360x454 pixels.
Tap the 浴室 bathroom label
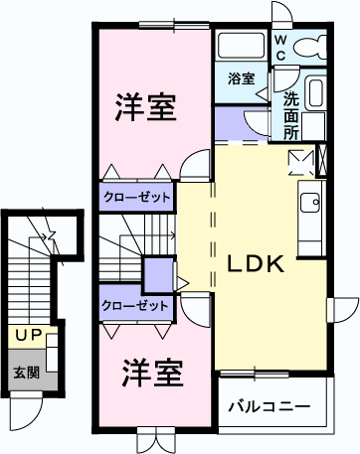[x=241, y=77]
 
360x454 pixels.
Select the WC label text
[x=281, y=47]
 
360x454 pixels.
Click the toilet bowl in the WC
[x=316, y=46]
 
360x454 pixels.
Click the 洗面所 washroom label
[x=290, y=114]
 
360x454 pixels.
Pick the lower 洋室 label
[x=152, y=375]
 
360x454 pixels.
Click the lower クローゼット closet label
[x=135, y=306]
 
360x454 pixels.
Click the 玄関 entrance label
[x=27, y=374]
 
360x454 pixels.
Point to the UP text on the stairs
[x=27, y=336]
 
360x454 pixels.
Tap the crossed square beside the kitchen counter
[x=299, y=160]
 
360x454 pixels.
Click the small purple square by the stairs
[x=157, y=272]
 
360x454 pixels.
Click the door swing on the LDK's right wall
[x=344, y=309]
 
